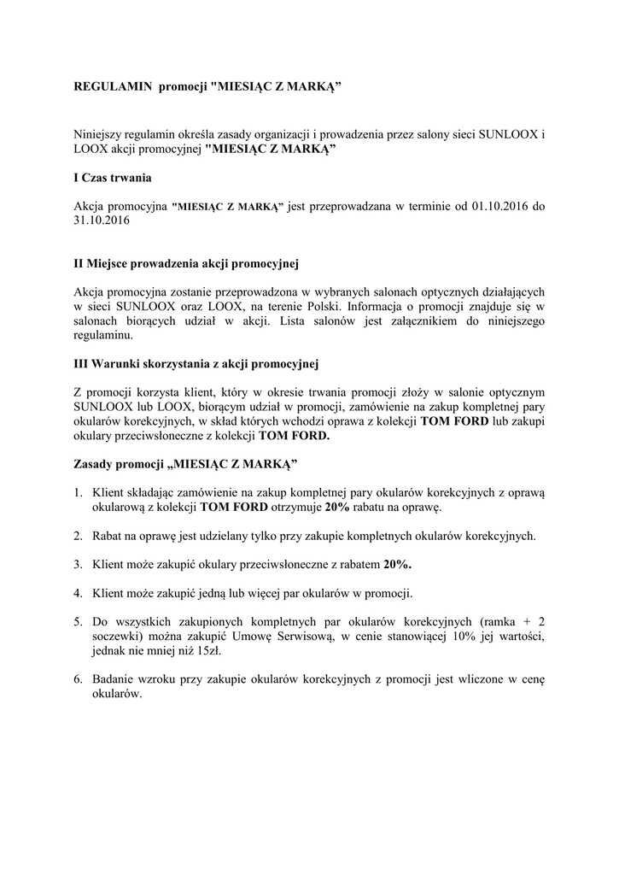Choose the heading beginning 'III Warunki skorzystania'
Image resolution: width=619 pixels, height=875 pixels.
pyautogui.click(x=196, y=361)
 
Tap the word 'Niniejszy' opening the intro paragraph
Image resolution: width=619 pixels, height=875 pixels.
pyautogui.click(x=102, y=135)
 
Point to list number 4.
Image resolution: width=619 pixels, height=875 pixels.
pyautogui.click(x=77, y=592)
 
